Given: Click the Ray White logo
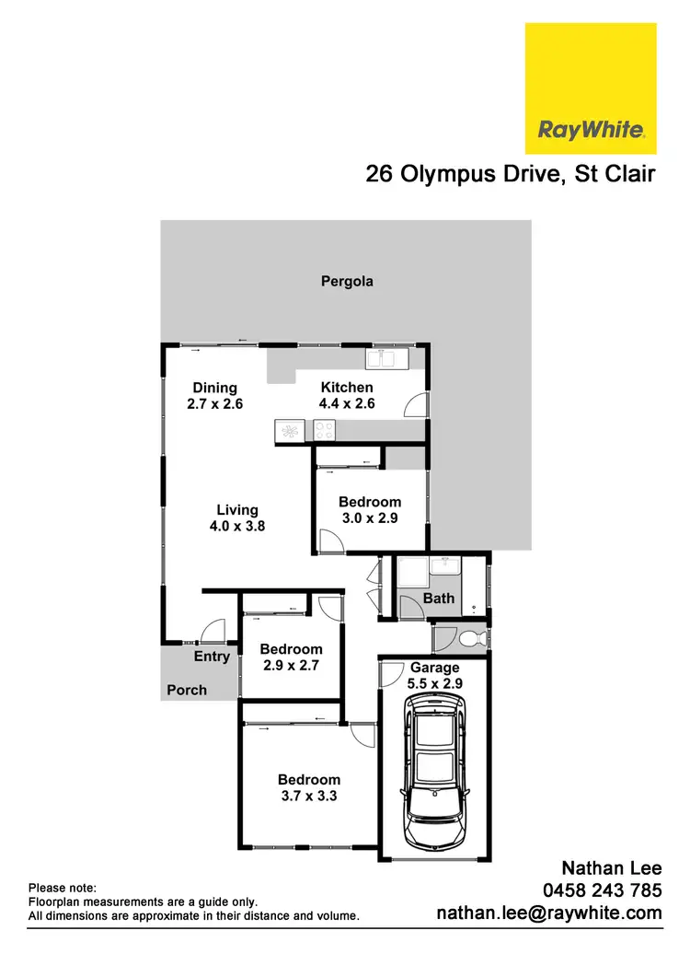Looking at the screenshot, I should pyautogui.click(x=591, y=88).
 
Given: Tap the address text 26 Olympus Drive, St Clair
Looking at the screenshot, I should pyautogui.click(x=511, y=174).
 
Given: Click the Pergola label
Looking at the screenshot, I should pyautogui.click(x=347, y=282).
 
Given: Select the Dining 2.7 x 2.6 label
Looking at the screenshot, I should pyautogui.click(x=215, y=395).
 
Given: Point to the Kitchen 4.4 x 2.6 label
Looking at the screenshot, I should pyautogui.click(x=347, y=395).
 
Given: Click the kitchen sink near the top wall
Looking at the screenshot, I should pyautogui.click(x=386, y=358).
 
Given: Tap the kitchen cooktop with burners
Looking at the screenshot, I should pyautogui.click(x=326, y=428).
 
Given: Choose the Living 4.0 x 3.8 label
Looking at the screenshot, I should pyautogui.click(x=237, y=518).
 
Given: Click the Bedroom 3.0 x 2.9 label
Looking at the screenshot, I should pyautogui.click(x=370, y=509).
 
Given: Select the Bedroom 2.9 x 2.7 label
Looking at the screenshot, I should pyautogui.click(x=291, y=657).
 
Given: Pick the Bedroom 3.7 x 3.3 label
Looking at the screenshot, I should pyautogui.click(x=309, y=787).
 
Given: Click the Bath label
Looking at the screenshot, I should pyautogui.click(x=439, y=599).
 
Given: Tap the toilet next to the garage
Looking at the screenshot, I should pyautogui.click(x=469, y=637).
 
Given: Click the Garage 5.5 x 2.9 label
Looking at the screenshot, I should pyautogui.click(x=434, y=675).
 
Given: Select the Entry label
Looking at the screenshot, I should pyautogui.click(x=212, y=657).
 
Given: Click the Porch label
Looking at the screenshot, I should pyautogui.click(x=187, y=690).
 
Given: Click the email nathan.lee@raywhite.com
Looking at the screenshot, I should pyautogui.click(x=549, y=913).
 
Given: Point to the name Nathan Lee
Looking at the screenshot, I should pyautogui.click(x=612, y=867).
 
